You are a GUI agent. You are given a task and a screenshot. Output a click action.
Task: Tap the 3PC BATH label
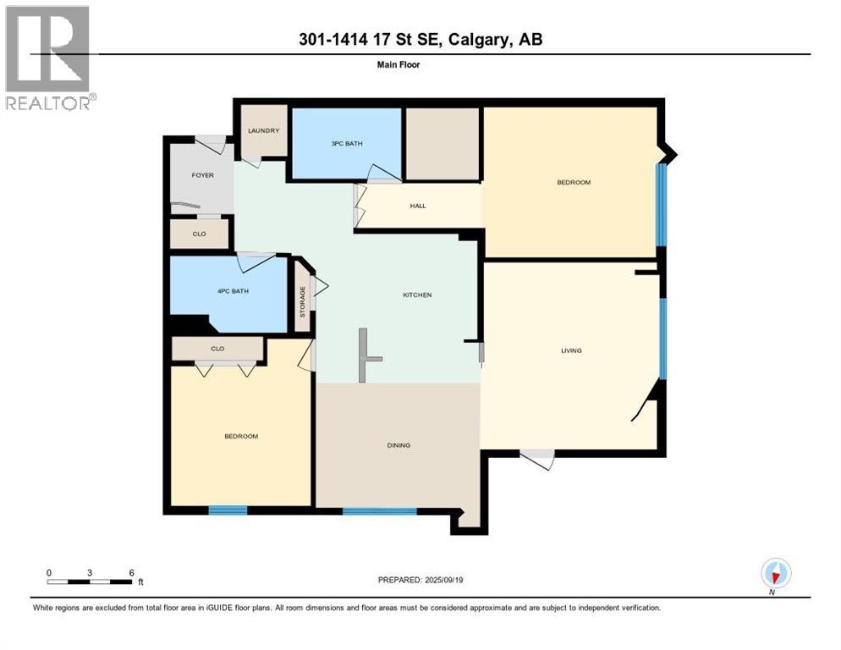pos(347,144)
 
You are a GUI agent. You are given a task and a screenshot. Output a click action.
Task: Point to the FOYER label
pos(202,175)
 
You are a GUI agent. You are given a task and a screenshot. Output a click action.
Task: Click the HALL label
pos(417,205)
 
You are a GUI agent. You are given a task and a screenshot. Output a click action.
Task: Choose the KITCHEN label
pos(416,295)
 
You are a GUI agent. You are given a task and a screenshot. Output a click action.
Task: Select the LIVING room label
pos(571,350)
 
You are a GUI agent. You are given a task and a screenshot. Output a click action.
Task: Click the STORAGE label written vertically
pos(303,302)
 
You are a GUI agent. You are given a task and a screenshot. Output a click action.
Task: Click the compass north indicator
pos(775,574)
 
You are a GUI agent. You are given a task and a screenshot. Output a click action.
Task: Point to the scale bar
pos(90,581)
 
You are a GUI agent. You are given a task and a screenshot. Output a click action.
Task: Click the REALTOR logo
pos(48,58)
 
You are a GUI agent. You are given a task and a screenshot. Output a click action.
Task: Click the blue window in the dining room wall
pos(380,511)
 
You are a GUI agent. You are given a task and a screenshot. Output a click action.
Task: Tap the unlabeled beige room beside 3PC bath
pos(442,143)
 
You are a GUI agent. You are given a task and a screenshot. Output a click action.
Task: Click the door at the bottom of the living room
pos(537,459)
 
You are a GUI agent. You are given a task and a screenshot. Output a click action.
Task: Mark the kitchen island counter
pos(364,356)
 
